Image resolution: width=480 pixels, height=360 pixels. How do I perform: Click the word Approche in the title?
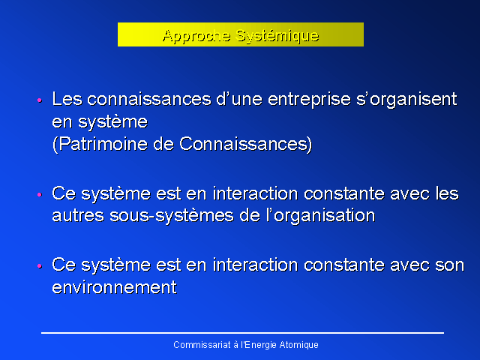point(196,36)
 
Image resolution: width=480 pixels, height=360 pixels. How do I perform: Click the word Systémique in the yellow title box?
point(277,36)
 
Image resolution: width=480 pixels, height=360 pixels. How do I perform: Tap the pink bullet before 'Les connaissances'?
point(40,100)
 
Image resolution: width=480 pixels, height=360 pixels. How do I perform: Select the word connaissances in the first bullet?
point(149,99)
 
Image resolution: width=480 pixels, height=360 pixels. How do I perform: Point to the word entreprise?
point(309,100)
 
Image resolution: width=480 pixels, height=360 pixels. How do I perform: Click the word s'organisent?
point(406,100)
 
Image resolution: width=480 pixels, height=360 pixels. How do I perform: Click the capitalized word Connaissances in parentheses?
point(243,144)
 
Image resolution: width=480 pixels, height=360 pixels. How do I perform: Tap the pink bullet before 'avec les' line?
point(40,194)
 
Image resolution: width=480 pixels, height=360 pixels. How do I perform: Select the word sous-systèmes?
point(172,216)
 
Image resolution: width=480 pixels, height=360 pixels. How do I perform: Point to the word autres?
point(78,216)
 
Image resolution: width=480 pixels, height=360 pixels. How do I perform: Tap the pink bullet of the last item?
point(40,265)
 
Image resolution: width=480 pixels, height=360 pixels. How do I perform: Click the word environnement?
point(115,288)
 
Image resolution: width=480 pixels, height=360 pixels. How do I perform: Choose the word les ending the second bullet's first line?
point(447,193)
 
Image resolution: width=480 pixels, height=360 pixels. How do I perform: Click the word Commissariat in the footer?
point(202,345)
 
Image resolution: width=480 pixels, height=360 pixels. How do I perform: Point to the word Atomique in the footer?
point(299,345)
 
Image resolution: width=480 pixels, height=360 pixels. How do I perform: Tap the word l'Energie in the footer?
point(259,345)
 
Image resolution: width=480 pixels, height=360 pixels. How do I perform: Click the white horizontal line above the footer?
point(242,333)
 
